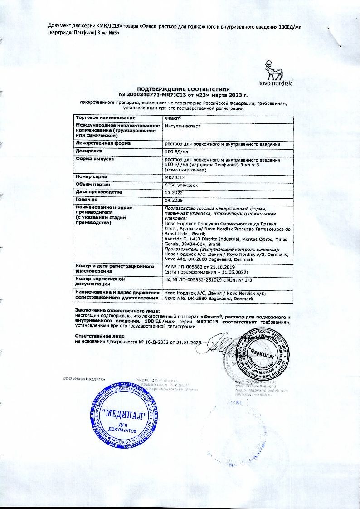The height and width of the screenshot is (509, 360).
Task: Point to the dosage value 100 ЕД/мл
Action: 174,151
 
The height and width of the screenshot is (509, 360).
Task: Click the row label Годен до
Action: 88,199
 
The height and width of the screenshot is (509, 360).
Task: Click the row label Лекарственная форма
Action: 103,143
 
